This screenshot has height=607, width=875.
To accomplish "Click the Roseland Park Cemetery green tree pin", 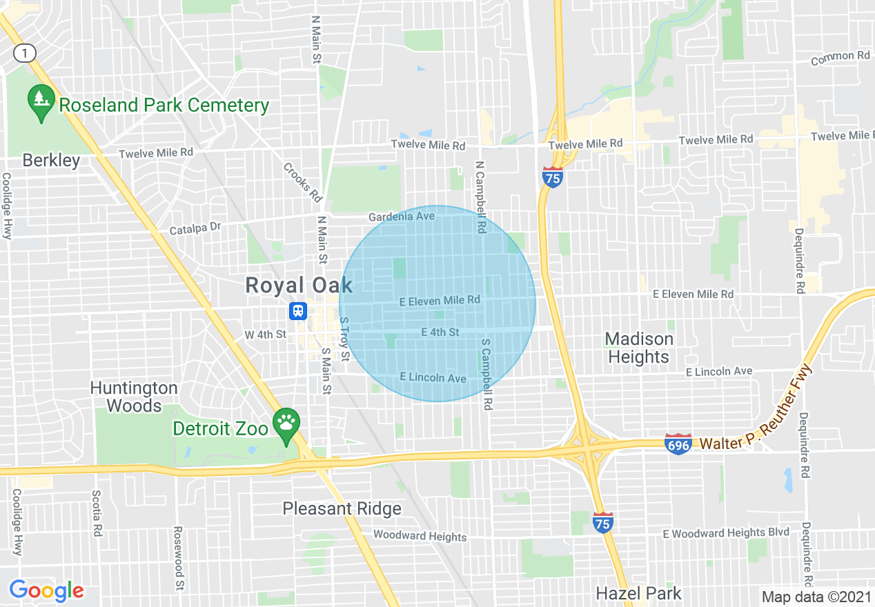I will pyautogui.click(x=41, y=102).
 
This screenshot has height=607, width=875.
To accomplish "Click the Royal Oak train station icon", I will pyautogui.click(x=297, y=311).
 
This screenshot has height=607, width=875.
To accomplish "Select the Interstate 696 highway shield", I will pyautogui.click(x=678, y=444).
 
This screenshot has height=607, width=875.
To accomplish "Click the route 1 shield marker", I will pyautogui.click(x=24, y=52).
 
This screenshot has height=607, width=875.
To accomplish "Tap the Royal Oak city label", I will pyautogui.click(x=299, y=286).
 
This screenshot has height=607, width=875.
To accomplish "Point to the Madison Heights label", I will pyautogui.click(x=638, y=348).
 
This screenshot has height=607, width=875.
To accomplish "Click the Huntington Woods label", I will pyautogui.click(x=134, y=397).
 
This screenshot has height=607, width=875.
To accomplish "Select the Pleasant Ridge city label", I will pyautogui.click(x=342, y=509).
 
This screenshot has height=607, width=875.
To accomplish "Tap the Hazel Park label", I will pyautogui.click(x=638, y=593).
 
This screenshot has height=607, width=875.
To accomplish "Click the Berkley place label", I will pyautogui.click(x=51, y=161).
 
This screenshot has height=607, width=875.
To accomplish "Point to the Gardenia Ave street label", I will pyautogui.click(x=401, y=217).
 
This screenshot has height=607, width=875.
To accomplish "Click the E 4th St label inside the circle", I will pyautogui.click(x=440, y=332).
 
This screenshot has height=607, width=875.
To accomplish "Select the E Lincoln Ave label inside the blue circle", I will pyautogui.click(x=433, y=378).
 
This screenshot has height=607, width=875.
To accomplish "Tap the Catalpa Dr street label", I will pyautogui.click(x=195, y=227).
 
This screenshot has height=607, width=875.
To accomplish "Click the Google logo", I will pyautogui.click(x=46, y=590).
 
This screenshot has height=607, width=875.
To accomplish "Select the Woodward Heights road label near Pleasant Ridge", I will pyautogui.click(x=420, y=536).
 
